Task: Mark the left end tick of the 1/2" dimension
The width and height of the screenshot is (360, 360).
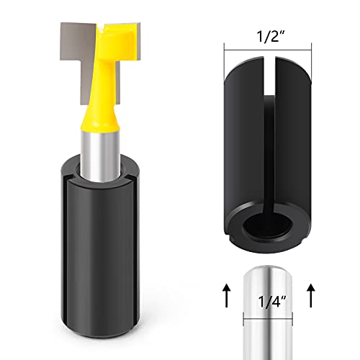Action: coord(225,47)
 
